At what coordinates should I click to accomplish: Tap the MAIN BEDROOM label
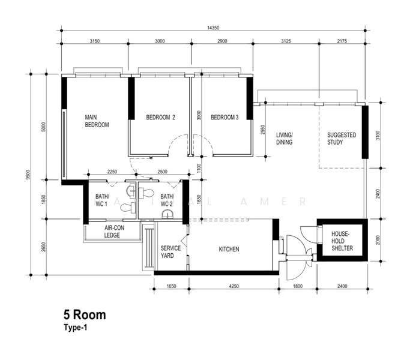click(x=96, y=121)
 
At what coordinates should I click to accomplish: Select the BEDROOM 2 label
click(x=160, y=118)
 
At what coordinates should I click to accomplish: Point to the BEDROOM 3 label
click(x=225, y=118)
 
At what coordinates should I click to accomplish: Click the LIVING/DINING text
click(x=284, y=139)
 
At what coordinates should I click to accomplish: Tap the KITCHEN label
click(x=229, y=249)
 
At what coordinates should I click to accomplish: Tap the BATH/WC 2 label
click(x=166, y=200)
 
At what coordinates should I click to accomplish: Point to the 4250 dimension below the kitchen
click(x=234, y=287)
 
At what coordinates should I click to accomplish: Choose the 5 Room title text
click(x=84, y=314)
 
